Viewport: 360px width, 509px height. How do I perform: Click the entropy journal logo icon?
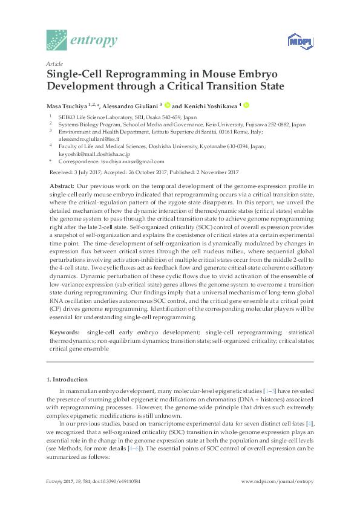[58, 40]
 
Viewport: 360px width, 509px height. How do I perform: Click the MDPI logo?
[297, 41]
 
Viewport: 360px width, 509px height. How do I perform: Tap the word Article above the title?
[54, 63]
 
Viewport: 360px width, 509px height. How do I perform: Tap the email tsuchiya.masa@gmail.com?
[134, 162]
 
